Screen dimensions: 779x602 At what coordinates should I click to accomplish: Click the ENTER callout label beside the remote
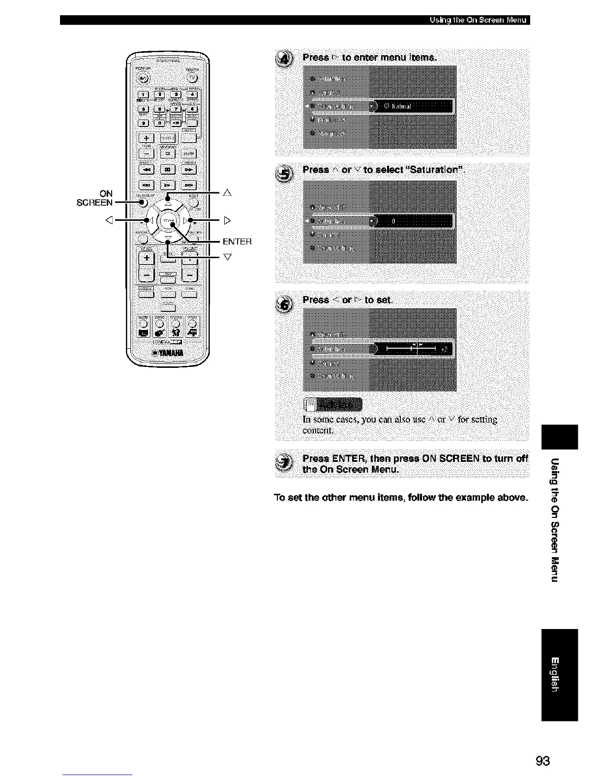pyautogui.click(x=237, y=241)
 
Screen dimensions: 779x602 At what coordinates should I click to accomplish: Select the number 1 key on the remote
pyautogui.click(x=144, y=95)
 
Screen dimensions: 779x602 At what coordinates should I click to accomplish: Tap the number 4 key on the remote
pyautogui.click(x=192, y=95)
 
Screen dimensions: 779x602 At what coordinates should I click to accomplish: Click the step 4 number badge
pyautogui.click(x=285, y=60)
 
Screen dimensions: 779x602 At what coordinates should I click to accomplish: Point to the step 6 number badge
pyautogui.click(x=285, y=303)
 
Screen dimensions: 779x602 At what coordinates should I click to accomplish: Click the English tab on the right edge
pyautogui.click(x=558, y=674)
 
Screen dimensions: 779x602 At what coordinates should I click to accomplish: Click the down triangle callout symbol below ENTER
pyautogui.click(x=227, y=257)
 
